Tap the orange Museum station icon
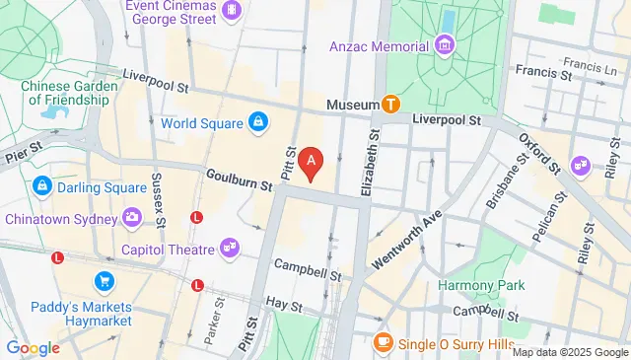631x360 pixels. point(391,104)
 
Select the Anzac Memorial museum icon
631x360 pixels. point(444,45)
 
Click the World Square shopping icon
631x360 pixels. point(257,122)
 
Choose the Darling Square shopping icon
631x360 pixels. point(42,185)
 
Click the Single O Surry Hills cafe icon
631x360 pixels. point(383,343)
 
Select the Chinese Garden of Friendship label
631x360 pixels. point(70,93)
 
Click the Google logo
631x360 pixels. point(33,347)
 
